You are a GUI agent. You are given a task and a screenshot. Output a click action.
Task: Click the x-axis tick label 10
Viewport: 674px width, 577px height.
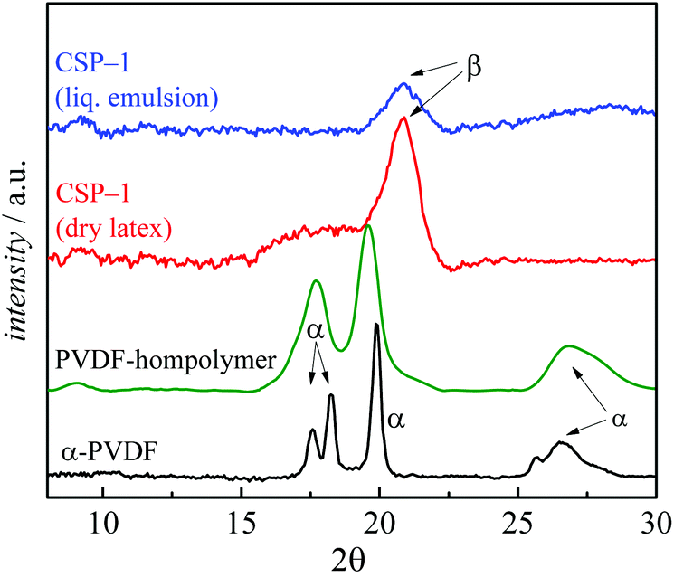click(x=104, y=522)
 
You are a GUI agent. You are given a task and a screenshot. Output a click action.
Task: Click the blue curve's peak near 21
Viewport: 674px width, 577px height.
click(x=404, y=85)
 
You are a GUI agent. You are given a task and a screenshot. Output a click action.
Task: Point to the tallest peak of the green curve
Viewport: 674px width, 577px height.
click(x=367, y=226)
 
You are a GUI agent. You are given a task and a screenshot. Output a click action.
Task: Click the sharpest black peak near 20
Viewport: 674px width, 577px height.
click(x=376, y=325)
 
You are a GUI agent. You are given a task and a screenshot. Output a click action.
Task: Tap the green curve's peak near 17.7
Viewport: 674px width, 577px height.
click(x=316, y=281)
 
